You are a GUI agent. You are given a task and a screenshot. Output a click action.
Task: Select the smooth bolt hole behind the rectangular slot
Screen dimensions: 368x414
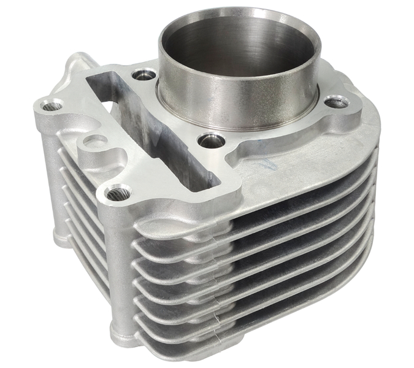145,75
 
